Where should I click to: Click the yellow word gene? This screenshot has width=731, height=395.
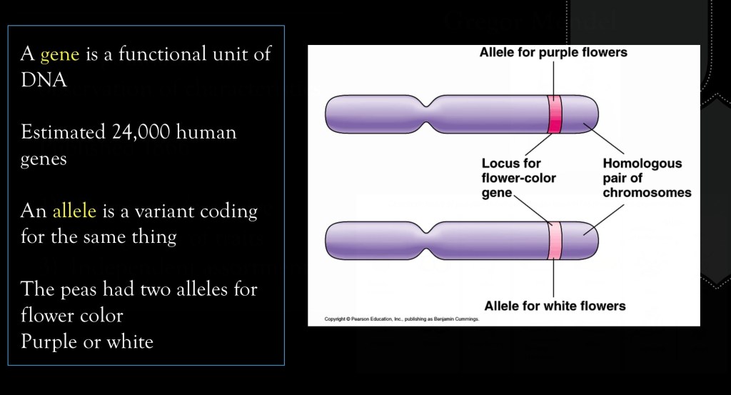click(60, 55)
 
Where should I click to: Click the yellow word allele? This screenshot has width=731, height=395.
click(74, 211)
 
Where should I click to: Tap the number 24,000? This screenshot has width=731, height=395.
click(141, 132)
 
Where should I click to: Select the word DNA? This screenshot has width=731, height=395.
click(44, 80)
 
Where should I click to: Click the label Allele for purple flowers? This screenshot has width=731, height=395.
click(553, 52)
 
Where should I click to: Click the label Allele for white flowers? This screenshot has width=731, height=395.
click(555, 306)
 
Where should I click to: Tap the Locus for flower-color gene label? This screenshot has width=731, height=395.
click(518, 178)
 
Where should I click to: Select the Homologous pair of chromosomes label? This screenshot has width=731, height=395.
click(647, 178)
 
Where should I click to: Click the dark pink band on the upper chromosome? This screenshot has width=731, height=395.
click(554, 114)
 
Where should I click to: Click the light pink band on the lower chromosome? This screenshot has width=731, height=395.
click(554, 241)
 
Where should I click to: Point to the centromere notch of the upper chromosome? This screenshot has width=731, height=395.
click(427, 114)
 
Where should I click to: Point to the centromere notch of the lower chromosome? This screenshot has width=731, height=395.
click(427, 241)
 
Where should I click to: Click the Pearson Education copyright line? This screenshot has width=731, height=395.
click(402, 319)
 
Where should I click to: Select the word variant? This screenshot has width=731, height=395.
click(165, 211)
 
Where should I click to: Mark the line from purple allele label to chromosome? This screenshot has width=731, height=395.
click(554, 79)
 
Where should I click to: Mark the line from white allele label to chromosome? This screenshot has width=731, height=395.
click(554, 279)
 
